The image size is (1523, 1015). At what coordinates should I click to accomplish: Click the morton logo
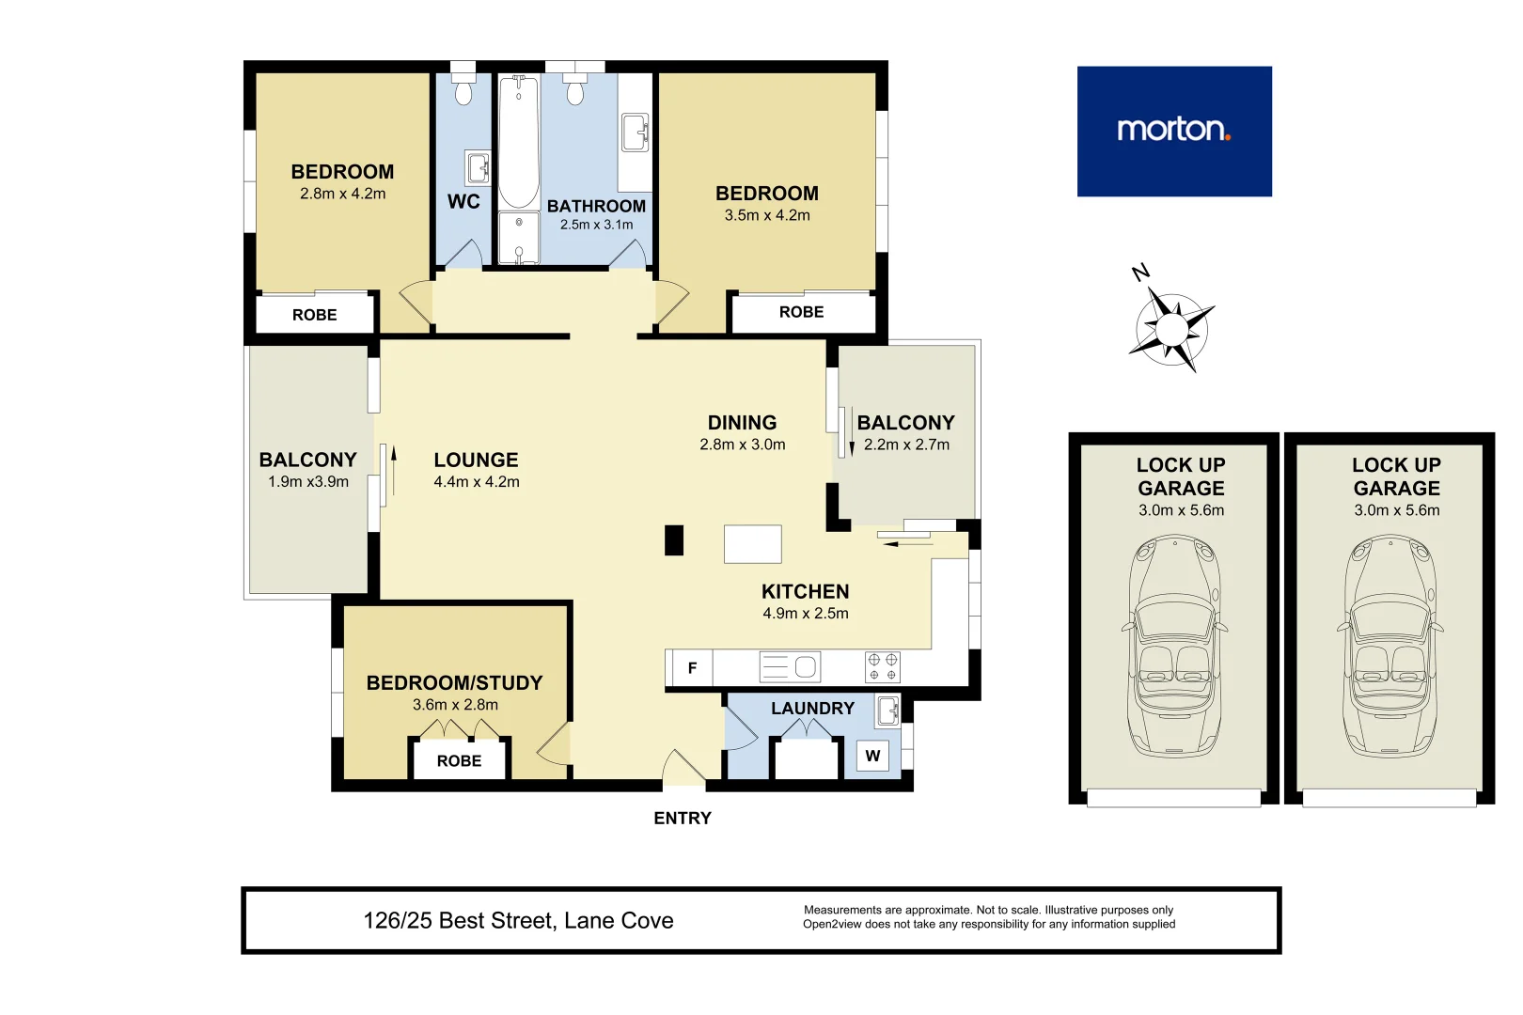tap(1173, 131)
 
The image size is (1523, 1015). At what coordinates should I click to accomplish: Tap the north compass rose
tap(1171, 329)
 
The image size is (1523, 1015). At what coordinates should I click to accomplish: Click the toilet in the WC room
tap(463, 88)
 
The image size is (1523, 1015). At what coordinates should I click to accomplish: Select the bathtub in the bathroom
tap(518, 141)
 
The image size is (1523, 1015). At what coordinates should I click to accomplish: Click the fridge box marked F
tap(692, 668)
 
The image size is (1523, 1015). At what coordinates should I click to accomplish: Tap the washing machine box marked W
tap(872, 756)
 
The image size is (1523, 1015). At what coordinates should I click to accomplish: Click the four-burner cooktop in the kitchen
tap(882, 667)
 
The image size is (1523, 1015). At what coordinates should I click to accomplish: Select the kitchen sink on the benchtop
tap(791, 667)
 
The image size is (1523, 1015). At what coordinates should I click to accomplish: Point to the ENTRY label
tap(683, 819)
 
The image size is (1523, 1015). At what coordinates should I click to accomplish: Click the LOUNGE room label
tap(476, 461)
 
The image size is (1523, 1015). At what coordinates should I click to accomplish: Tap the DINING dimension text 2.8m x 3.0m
tap(742, 445)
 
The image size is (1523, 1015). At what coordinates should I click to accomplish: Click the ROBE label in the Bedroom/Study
tap(459, 761)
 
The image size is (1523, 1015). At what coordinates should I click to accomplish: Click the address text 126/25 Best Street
tap(518, 921)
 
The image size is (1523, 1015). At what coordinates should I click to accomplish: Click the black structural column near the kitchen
tap(674, 540)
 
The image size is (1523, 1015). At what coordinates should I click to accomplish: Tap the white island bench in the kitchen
tap(752, 544)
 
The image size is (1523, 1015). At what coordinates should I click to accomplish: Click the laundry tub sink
tap(887, 710)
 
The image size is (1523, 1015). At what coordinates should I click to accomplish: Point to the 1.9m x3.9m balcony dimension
tap(308, 482)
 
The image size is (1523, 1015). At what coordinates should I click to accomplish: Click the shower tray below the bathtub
tap(518, 238)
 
